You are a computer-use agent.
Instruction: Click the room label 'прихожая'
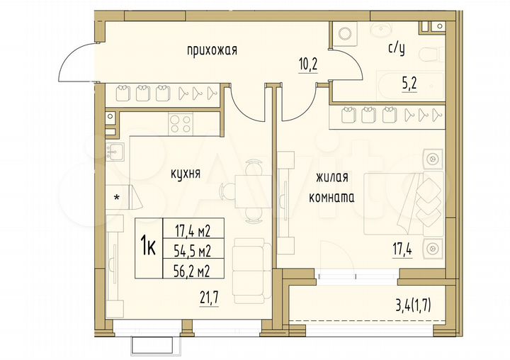211,50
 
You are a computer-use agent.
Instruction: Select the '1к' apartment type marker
148,247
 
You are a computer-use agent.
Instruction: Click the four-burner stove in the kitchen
181,123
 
